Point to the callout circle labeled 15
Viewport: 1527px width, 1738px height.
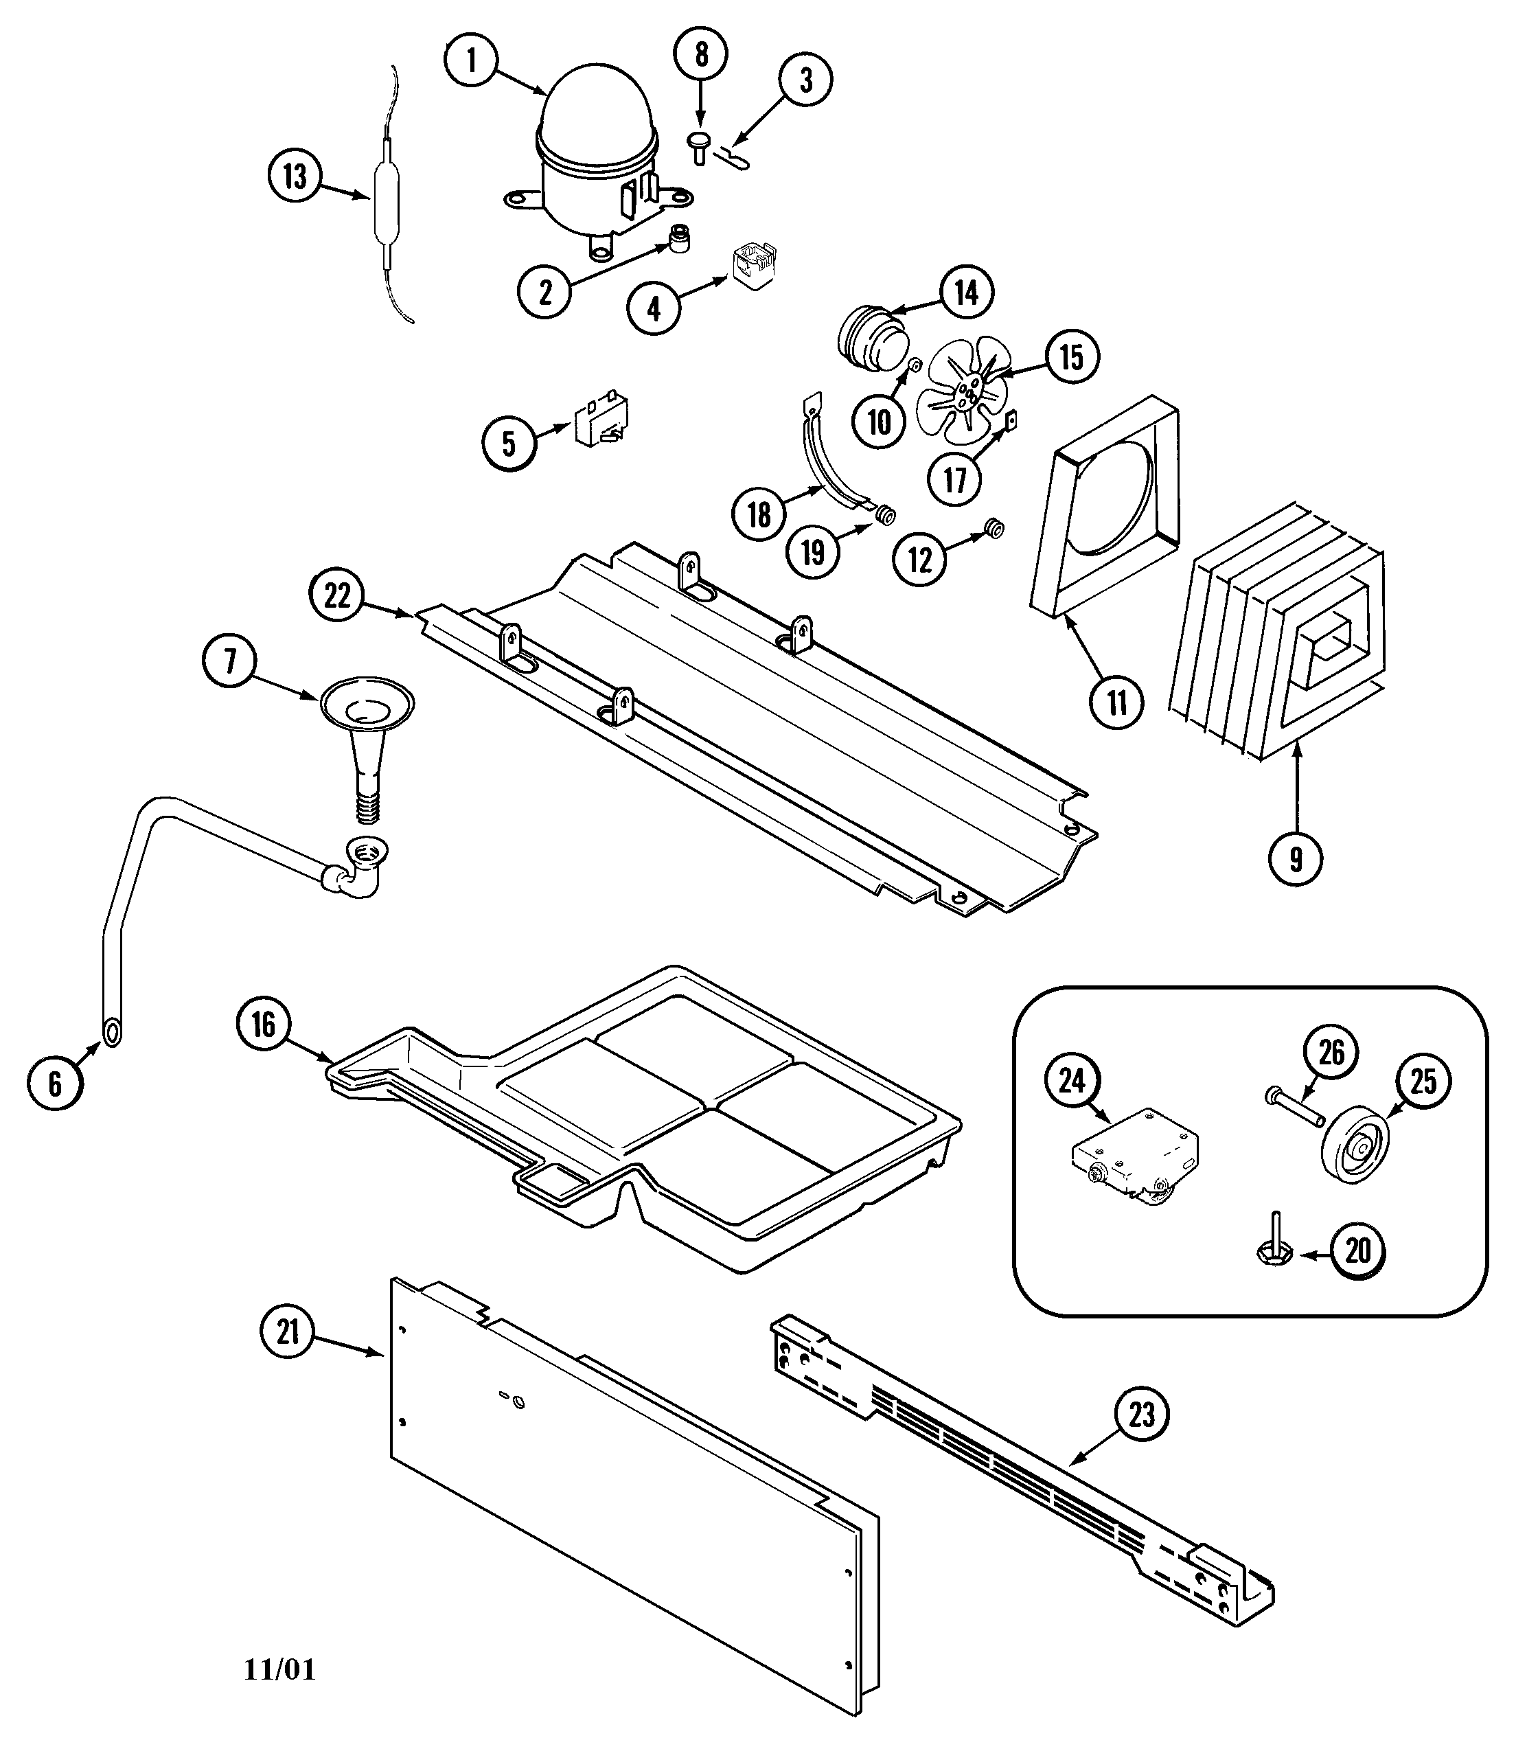point(1071,357)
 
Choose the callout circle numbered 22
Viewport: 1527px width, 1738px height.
point(336,595)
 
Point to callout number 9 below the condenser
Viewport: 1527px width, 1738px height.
point(1295,859)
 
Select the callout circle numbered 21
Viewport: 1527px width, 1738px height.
point(288,1331)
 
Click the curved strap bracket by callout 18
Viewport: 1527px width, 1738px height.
point(829,464)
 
